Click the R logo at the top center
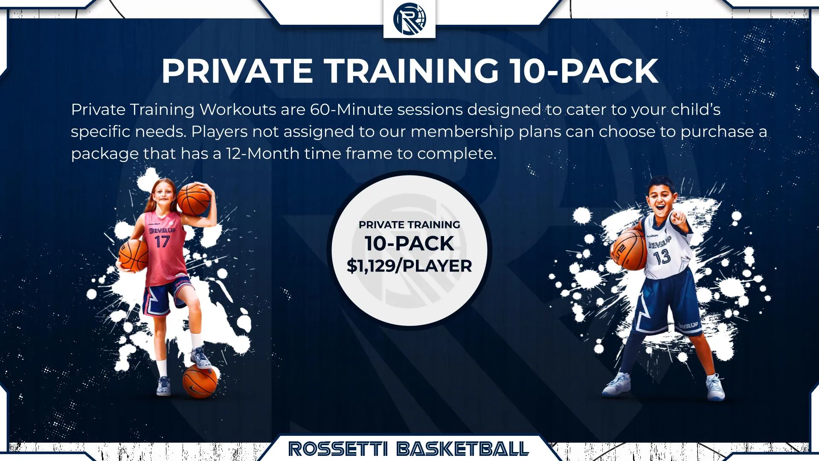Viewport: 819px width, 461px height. (409, 18)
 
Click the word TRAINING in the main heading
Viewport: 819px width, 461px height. (412, 71)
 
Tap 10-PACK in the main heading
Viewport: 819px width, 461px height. (584, 71)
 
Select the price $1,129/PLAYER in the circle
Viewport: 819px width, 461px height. (409, 266)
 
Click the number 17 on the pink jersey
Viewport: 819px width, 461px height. (162, 242)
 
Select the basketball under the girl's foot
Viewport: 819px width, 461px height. (200, 381)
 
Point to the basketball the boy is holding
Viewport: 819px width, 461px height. (630, 251)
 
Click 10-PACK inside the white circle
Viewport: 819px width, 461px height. (409, 243)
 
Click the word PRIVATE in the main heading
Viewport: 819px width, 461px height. (237, 71)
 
